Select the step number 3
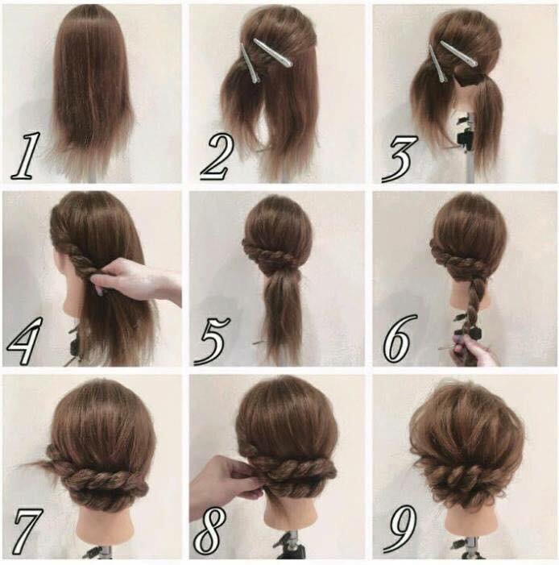[x=400, y=159]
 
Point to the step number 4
[x=24, y=340]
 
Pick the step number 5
[x=212, y=340]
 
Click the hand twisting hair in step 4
[x=137, y=279]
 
